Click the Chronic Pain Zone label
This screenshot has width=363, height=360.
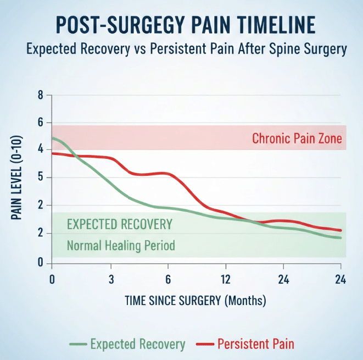tap(297, 139)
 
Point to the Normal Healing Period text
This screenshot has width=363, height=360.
tap(121, 245)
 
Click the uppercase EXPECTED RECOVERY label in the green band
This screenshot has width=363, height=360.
tap(120, 224)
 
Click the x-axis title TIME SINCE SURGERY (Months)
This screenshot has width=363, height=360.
tap(196, 301)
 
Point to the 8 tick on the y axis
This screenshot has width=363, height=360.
tap(40, 95)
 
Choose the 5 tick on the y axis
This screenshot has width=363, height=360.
tap(40, 178)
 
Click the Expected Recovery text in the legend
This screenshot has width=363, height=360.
tap(137, 345)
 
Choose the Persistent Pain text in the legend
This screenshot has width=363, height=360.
tap(255, 345)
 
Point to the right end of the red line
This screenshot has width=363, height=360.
tap(342, 230)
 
